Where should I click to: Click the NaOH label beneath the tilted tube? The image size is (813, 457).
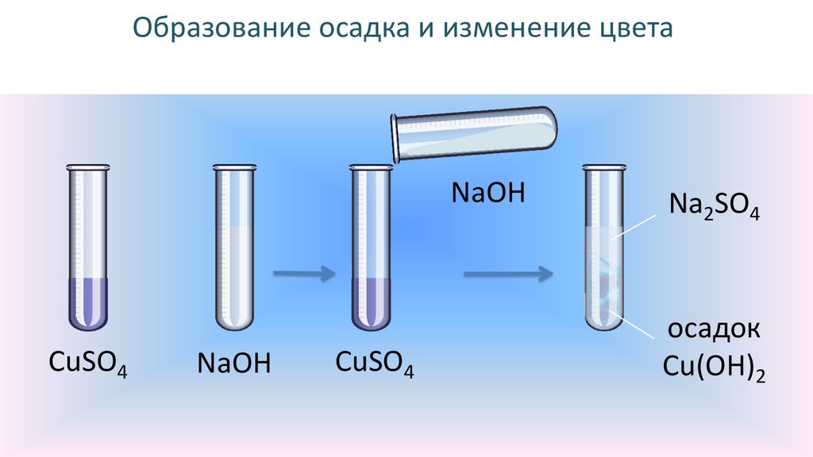[x=488, y=193]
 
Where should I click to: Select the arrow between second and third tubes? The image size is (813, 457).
[x=304, y=275]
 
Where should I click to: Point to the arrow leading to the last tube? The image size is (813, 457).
[x=508, y=275]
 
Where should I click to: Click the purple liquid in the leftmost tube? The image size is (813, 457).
[x=87, y=301]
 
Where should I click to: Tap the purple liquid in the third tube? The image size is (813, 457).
[x=372, y=301]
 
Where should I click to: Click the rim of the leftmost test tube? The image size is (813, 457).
[x=87, y=167]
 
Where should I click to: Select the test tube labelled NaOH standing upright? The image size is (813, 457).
[x=234, y=246]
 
